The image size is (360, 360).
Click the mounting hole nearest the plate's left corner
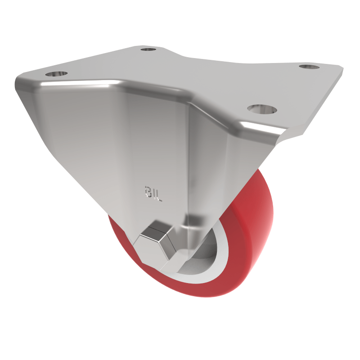(x=56, y=73)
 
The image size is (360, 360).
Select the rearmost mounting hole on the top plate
(x=148, y=49)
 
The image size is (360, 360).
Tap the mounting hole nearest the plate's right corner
(x=308, y=67)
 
